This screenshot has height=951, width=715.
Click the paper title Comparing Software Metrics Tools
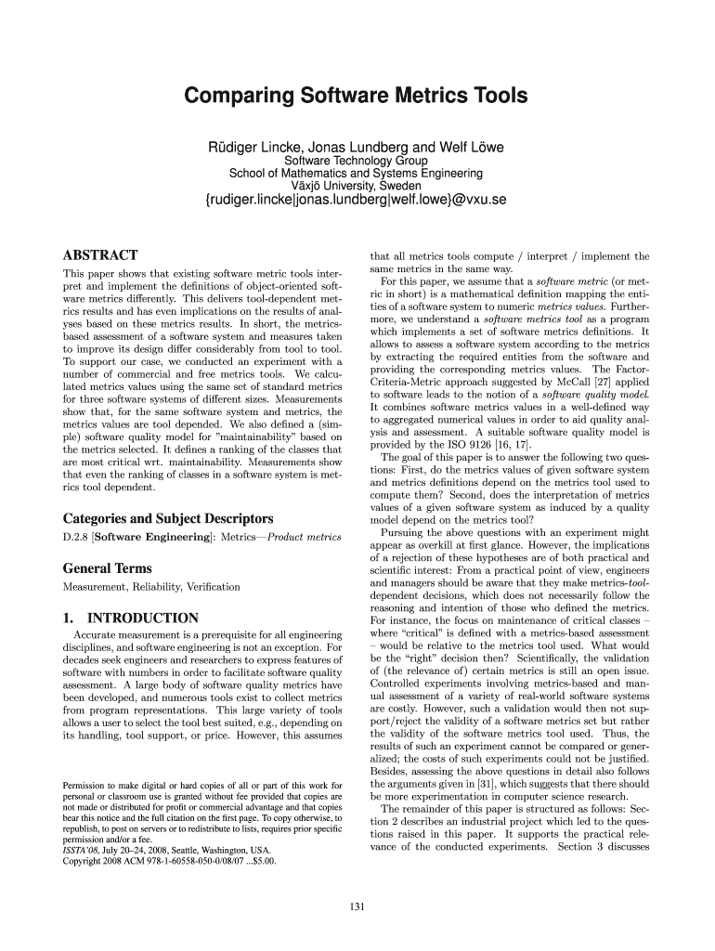click(x=357, y=97)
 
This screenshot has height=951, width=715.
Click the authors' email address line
click(x=356, y=200)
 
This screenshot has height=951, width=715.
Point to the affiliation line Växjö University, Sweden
click(x=356, y=185)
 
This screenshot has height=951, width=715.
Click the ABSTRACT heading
click(x=100, y=255)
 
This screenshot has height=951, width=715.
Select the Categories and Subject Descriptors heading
click(x=167, y=518)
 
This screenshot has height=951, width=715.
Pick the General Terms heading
click(x=107, y=568)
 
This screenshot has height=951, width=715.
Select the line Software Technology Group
click(x=356, y=161)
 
